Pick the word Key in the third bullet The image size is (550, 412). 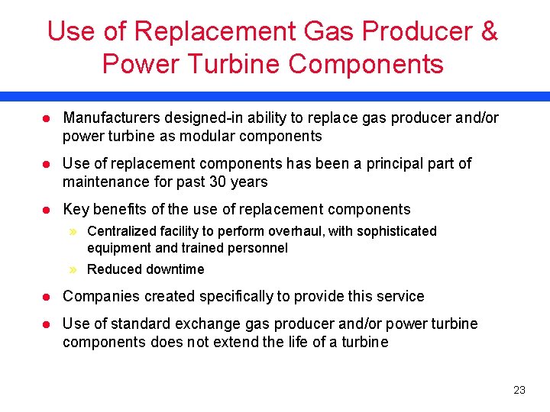pos(76,210)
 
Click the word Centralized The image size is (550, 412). pos(121,231)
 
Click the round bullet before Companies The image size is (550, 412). pos(46,297)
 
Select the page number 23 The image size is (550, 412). pos(519,391)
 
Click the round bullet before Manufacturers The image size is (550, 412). pos(46,118)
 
